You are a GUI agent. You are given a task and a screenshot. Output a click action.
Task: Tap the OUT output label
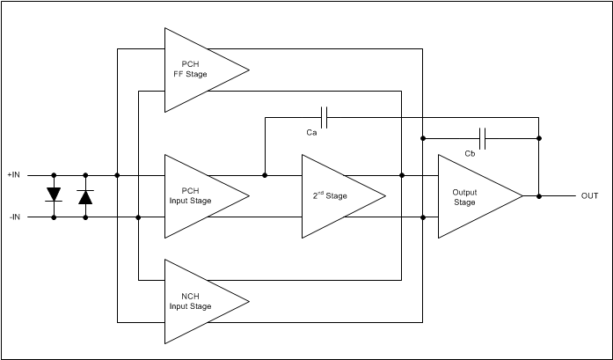(589, 195)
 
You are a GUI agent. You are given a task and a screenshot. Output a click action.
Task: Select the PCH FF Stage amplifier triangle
(198, 70)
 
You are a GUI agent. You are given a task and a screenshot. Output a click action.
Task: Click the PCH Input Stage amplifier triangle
(198, 195)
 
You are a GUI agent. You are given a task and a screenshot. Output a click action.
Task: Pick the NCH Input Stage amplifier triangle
(198, 302)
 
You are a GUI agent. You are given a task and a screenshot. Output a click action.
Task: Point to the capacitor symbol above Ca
(325, 116)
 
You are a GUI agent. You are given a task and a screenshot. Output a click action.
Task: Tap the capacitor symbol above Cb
(482, 137)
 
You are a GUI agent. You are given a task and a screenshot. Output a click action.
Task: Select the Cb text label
(471, 154)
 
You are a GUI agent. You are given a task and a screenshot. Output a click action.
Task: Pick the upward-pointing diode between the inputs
(85, 195)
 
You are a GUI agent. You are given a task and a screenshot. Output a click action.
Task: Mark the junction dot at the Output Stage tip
(539, 195)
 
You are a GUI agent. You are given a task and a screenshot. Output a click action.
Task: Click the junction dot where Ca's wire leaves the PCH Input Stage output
(265, 175)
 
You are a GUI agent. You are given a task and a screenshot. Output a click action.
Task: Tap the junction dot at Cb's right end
(539, 137)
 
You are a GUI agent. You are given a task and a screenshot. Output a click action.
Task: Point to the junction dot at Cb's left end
(424, 137)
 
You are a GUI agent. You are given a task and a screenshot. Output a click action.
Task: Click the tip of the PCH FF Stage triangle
(247, 70)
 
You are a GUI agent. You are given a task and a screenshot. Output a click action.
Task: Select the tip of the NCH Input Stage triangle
(247, 302)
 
